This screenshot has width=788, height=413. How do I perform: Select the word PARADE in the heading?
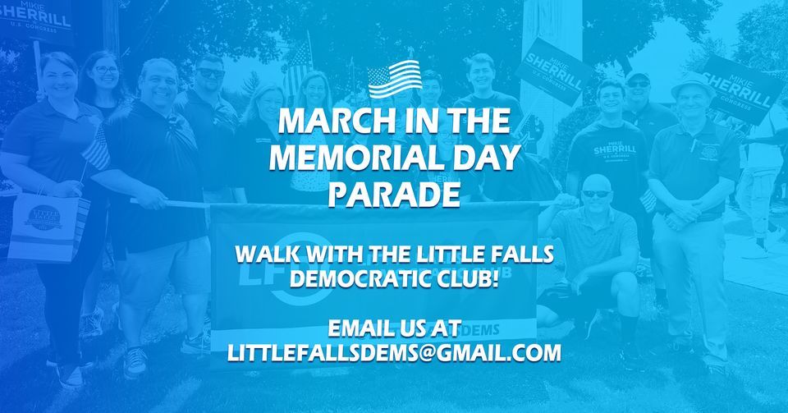pos(393,195)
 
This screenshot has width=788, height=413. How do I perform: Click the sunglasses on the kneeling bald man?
pos(596,194)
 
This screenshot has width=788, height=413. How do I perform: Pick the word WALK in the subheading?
pos(263,253)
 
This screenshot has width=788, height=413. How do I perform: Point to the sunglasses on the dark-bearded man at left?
pos(210,72)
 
